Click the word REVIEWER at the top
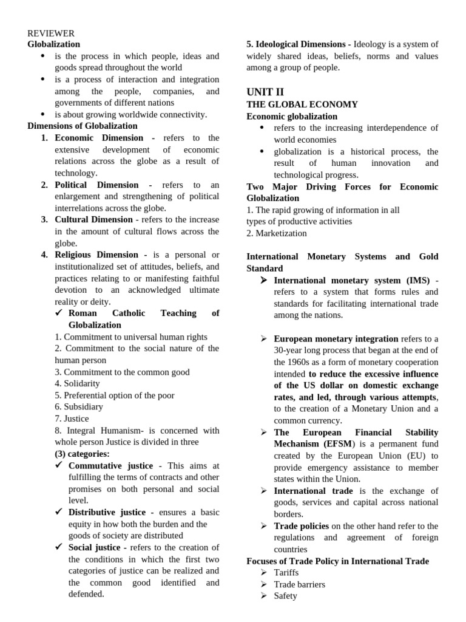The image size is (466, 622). pos(51,33)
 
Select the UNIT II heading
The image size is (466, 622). pos(265,92)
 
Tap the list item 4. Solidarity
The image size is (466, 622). pos(77,383)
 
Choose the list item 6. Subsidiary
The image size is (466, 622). pos(78,406)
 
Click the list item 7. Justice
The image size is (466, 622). pos(72,419)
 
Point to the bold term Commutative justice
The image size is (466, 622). pos(110,465)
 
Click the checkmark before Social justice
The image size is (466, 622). pos(59,547)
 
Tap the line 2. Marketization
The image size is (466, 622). pos(276,233)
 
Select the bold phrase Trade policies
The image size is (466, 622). pos(301,526)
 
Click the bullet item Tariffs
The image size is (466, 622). pos(286,572)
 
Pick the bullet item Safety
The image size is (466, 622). pos(285,596)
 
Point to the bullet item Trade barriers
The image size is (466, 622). pos(299,584)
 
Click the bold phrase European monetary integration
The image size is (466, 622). pos(336,338)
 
